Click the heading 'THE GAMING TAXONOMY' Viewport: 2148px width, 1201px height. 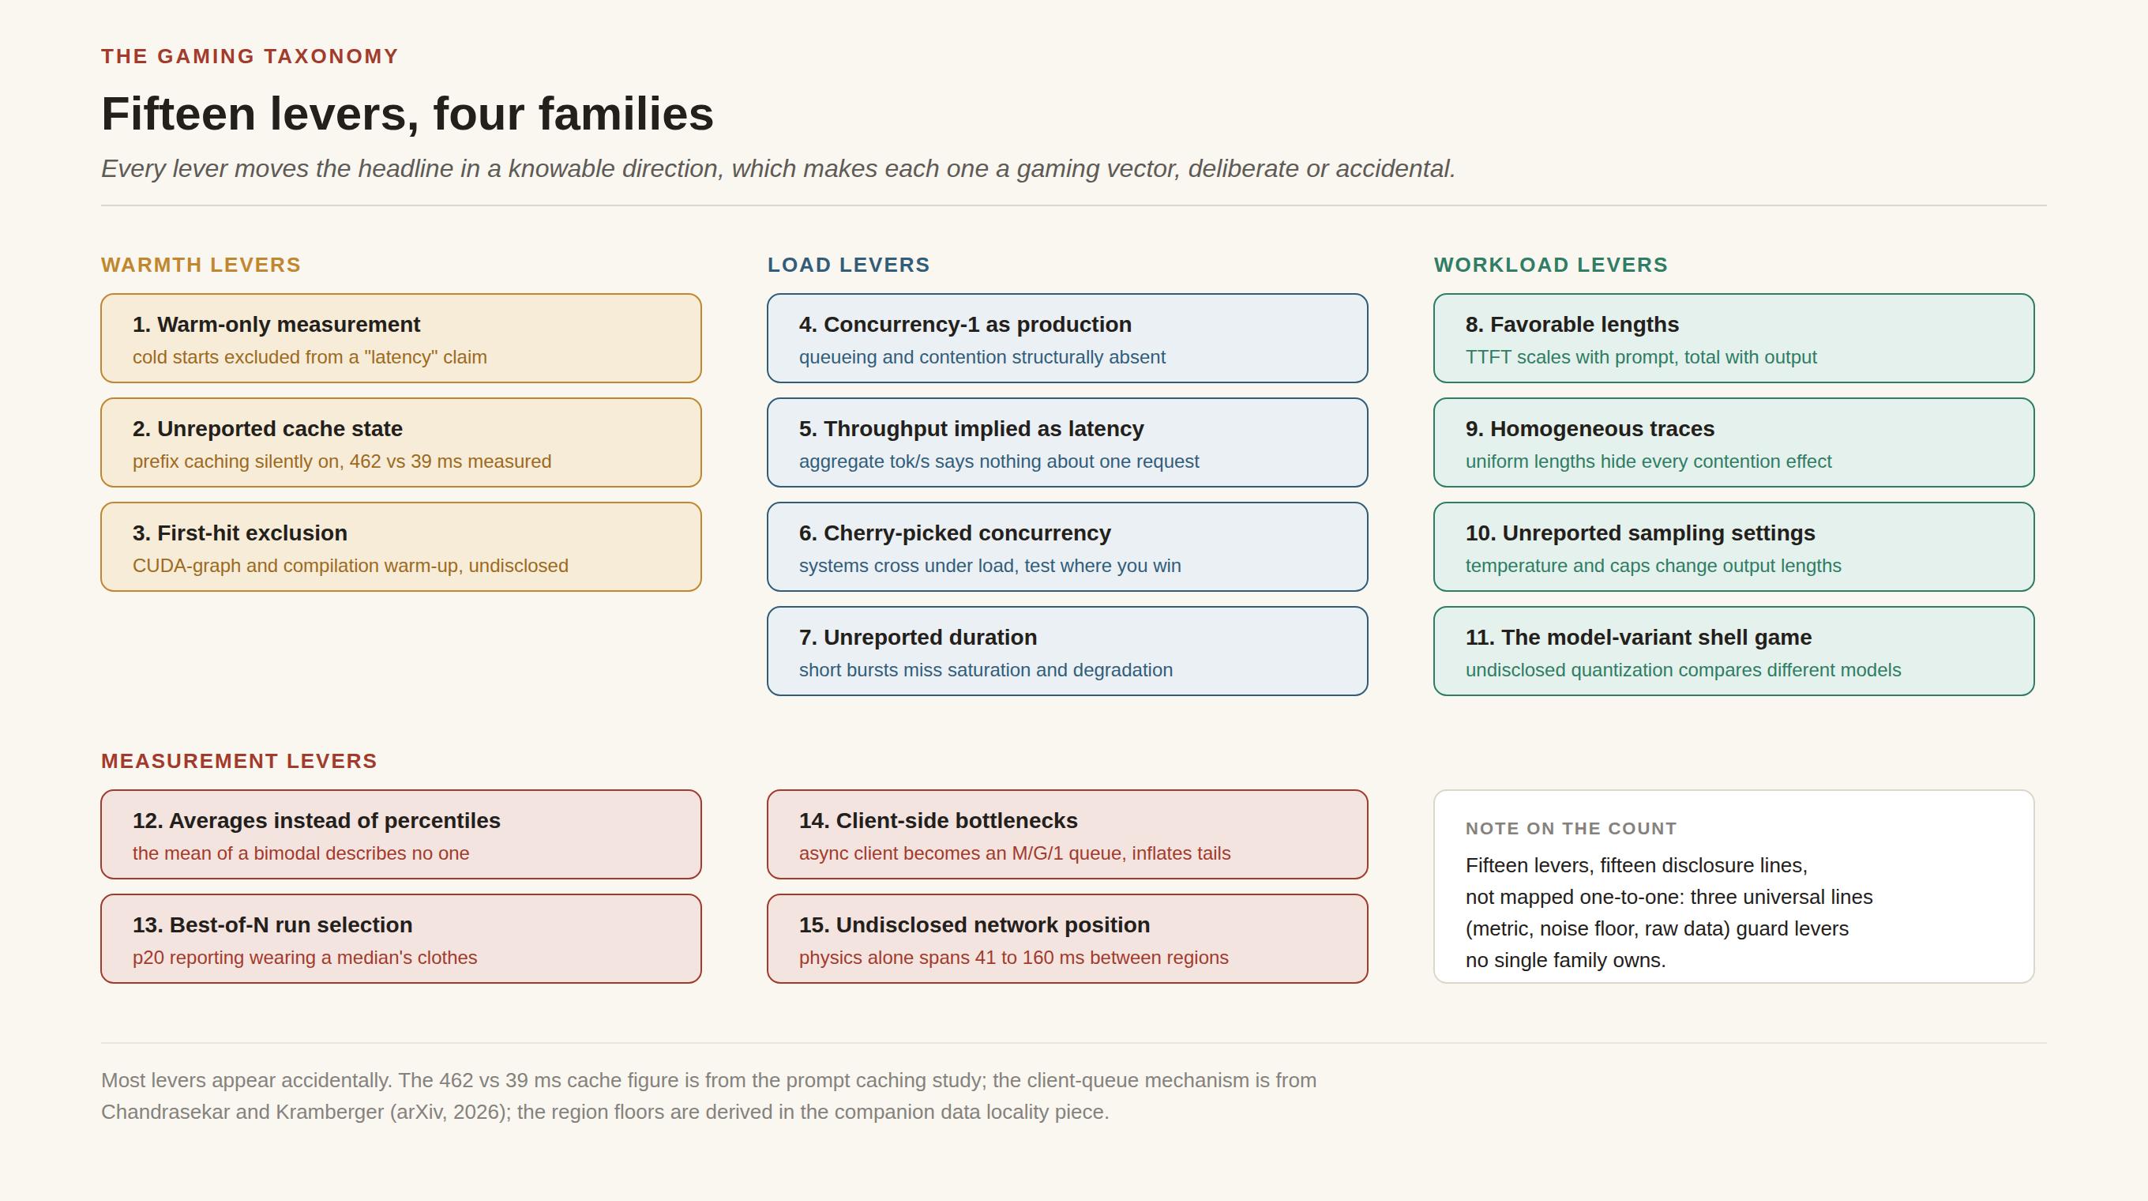click(x=250, y=56)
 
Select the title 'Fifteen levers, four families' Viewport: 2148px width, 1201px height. click(x=407, y=114)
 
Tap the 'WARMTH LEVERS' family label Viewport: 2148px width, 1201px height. click(x=201, y=265)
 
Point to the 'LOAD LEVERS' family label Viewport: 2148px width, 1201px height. click(x=849, y=265)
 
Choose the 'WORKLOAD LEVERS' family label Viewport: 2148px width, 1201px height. click(x=1551, y=265)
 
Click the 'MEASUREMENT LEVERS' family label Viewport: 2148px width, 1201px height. click(x=239, y=761)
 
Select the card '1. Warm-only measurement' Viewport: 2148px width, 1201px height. click(x=401, y=338)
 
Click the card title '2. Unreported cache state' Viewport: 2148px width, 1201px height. click(x=268, y=429)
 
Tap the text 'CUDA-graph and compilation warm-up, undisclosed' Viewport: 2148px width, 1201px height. click(x=350, y=566)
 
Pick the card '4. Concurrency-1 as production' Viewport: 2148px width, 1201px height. click(x=1068, y=338)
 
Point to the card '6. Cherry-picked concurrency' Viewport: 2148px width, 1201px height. click(x=1068, y=546)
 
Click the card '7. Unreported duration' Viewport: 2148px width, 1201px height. click(x=1068, y=650)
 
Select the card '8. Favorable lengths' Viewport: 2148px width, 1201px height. click(x=1733, y=338)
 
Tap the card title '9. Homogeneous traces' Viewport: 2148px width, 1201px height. click(x=1590, y=429)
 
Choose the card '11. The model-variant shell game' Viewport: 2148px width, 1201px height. click(x=1733, y=650)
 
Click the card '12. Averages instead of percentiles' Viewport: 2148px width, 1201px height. click(x=401, y=834)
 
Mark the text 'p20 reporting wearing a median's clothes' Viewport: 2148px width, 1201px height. click(x=305, y=958)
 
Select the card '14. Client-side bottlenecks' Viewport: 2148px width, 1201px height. click(x=1068, y=834)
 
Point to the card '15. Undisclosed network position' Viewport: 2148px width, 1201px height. click(x=1068, y=939)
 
